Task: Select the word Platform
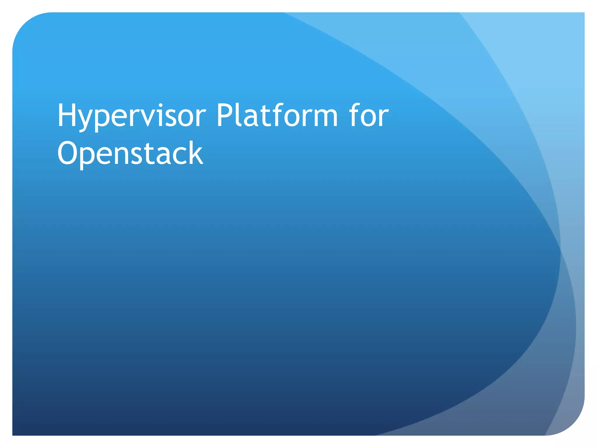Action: (277, 116)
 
